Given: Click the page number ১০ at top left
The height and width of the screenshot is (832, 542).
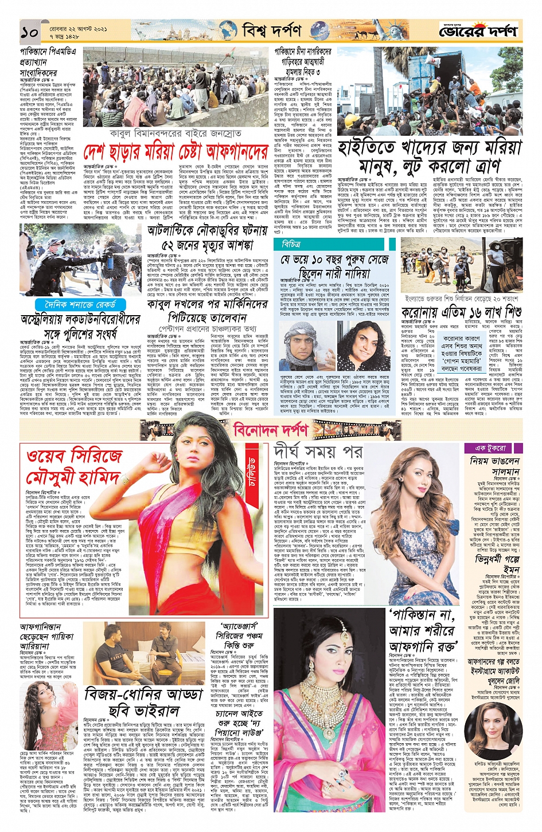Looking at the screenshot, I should coord(29,32).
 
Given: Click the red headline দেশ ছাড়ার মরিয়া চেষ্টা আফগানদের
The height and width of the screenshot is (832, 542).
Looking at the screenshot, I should coord(176,152).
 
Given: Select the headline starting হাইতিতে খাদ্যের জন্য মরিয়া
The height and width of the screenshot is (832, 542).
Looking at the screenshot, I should coord(429,156).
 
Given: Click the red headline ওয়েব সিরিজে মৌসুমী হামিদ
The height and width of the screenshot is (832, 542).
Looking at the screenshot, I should coord(75,467).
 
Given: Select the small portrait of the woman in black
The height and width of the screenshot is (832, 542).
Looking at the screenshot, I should coord(492,725).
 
